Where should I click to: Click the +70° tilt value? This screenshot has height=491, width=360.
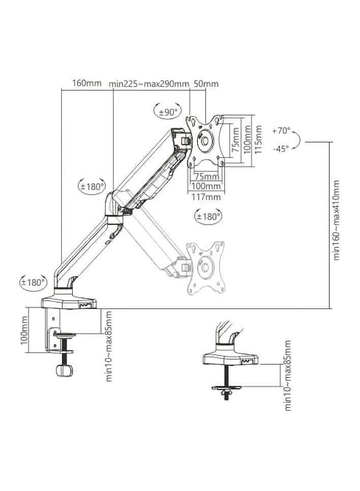click(x=281, y=130)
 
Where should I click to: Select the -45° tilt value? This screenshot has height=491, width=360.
click(x=281, y=148)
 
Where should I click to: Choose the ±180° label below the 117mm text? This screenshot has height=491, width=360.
click(x=208, y=217)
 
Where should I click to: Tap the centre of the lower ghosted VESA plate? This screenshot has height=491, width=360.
click(x=205, y=267)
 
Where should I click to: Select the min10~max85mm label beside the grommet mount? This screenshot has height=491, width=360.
click(x=288, y=376)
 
